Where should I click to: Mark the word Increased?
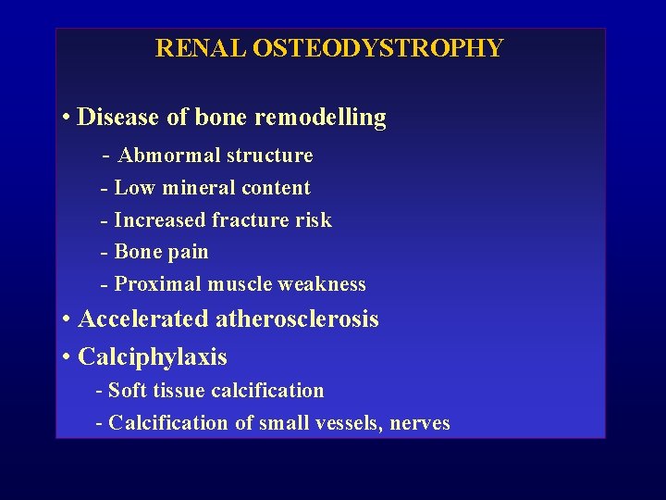159,220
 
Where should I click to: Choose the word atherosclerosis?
297,319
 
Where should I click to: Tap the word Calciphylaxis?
153,356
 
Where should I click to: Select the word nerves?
420,423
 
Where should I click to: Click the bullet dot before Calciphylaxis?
68,357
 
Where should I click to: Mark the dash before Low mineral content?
105,188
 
